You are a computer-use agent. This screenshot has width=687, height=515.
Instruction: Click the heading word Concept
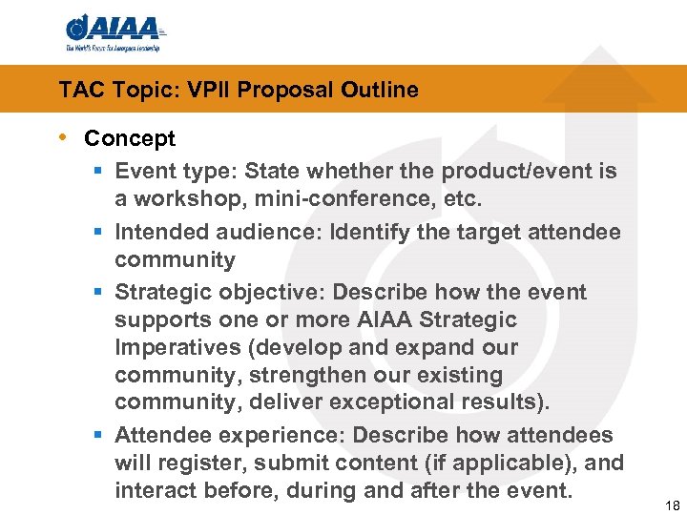click(x=130, y=138)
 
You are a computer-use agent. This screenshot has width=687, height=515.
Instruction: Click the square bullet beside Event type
click(x=99, y=172)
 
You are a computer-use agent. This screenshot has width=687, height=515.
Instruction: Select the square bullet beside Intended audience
click(x=99, y=232)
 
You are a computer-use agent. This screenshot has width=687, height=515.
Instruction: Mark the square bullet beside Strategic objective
click(x=99, y=292)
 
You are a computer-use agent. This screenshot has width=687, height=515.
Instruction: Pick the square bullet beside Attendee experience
click(x=99, y=436)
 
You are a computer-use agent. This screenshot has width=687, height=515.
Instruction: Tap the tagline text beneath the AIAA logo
click(x=113, y=47)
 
